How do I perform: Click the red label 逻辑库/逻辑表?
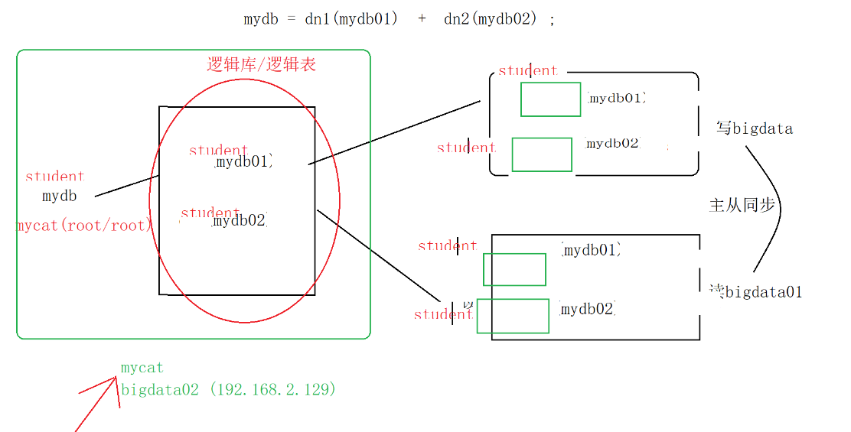pyautogui.click(x=262, y=64)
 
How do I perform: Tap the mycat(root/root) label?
pyautogui.click(x=85, y=226)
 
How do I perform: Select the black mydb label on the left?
pyautogui.click(x=60, y=197)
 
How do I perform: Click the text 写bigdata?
pyautogui.click(x=755, y=128)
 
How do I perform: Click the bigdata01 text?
pyautogui.click(x=763, y=291)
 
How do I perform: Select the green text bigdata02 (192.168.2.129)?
pyautogui.click(x=229, y=389)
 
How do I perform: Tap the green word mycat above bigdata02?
pyautogui.click(x=142, y=368)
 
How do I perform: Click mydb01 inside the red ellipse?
pyautogui.click(x=243, y=162)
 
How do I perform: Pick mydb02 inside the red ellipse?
pyautogui.click(x=240, y=221)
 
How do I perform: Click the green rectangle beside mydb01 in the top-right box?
pyautogui.click(x=550, y=99)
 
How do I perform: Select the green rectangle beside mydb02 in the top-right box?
pyautogui.click(x=542, y=154)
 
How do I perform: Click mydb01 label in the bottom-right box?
pyautogui.click(x=590, y=250)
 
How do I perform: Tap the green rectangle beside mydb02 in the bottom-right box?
pyautogui.click(x=513, y=316)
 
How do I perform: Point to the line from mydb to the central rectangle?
pyautogui.click(x=127, y=186)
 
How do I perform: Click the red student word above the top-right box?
pyautogui.click(x=527, y=70)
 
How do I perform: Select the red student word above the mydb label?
pyautogui.click(x=54, y=177)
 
